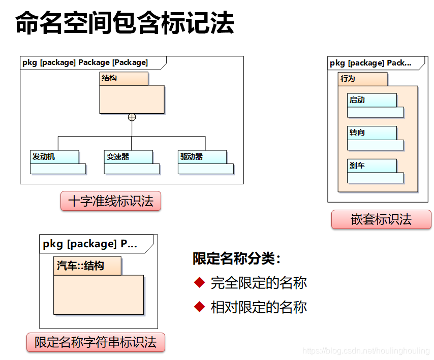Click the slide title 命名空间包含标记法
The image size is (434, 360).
125,24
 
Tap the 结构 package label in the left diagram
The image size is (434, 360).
109,78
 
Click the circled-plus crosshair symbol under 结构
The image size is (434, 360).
132,117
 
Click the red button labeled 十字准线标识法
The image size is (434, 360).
110,201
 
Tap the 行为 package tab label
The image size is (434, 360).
348,79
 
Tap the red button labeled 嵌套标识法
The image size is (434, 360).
381,220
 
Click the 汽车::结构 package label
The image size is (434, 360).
80,266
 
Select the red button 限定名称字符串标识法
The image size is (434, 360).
96,342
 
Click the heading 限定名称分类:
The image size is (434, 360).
237,258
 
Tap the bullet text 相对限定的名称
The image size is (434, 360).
259,307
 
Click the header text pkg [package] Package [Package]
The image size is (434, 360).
85,62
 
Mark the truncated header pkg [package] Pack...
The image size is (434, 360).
370,63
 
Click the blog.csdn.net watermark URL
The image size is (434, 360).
366,351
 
